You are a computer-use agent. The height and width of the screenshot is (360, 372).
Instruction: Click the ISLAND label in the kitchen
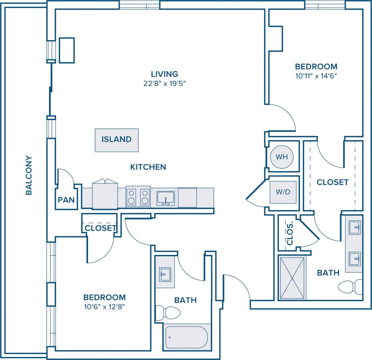coord(117,139)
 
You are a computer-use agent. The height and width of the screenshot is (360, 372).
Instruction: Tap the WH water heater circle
coord(282,157)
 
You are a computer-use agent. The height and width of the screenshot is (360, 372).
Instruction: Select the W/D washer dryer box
coord(283,192)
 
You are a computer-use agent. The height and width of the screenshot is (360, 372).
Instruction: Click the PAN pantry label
coord(66,200)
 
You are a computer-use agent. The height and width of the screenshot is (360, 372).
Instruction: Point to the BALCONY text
coord(29,175)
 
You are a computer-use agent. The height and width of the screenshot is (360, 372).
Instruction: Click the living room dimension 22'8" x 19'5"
coord(164,84)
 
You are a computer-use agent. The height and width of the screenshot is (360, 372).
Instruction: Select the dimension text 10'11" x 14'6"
coord(316,76)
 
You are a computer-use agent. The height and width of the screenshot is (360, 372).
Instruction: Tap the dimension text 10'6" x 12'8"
coord(105,307)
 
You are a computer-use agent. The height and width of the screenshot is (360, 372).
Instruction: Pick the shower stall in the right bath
coord(292,278)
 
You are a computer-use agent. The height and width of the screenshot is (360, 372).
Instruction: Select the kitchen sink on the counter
coord(166,198)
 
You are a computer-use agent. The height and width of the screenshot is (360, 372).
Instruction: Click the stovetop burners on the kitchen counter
coord(138,197)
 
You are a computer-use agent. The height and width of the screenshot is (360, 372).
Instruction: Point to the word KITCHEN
coord(148,167)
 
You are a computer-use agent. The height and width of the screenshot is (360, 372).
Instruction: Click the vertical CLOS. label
coord(290,234)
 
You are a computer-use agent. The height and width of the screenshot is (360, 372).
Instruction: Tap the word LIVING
coord(164,74)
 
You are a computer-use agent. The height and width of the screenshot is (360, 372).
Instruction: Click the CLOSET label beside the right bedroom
coord(332,182)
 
